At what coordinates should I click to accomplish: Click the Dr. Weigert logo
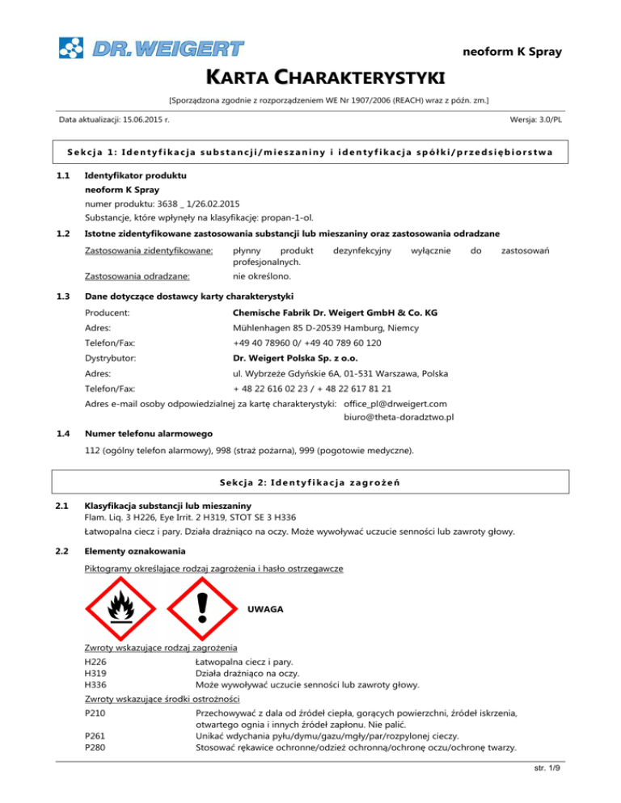(x=150, y=47)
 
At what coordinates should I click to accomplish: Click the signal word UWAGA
(x=265, y=608)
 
